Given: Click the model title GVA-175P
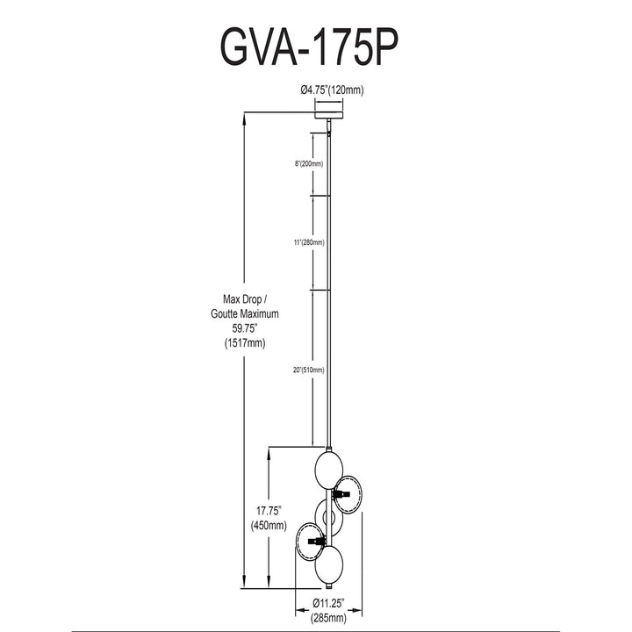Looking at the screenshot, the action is (309, 47).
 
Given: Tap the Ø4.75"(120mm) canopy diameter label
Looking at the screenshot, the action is (332, 90).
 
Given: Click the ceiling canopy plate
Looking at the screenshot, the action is (329, 116).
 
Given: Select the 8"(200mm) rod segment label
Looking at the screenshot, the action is (309, 163).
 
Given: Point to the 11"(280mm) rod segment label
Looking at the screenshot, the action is (309, 242).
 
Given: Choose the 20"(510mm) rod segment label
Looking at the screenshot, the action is (309, 370).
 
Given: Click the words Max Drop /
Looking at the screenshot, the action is (245, 299).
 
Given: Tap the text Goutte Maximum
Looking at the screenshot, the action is (245, 314).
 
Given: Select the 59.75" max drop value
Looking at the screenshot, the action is (245, 328).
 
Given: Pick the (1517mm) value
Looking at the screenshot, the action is (245, 343).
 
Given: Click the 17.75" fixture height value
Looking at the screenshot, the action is (269, 511).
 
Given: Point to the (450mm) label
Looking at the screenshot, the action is (269, 526).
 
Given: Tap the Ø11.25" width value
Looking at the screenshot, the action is (329, 603).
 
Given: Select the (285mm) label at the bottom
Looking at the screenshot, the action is (328, 618).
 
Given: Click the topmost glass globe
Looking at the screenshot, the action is (329, 470).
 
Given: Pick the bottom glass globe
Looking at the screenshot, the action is (329, 564).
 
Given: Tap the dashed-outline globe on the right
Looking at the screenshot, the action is (348, 495).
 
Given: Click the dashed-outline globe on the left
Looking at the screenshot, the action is (310, 541).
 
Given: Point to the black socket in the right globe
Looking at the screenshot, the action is (341, 493).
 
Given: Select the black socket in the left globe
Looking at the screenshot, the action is (316, 541).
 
